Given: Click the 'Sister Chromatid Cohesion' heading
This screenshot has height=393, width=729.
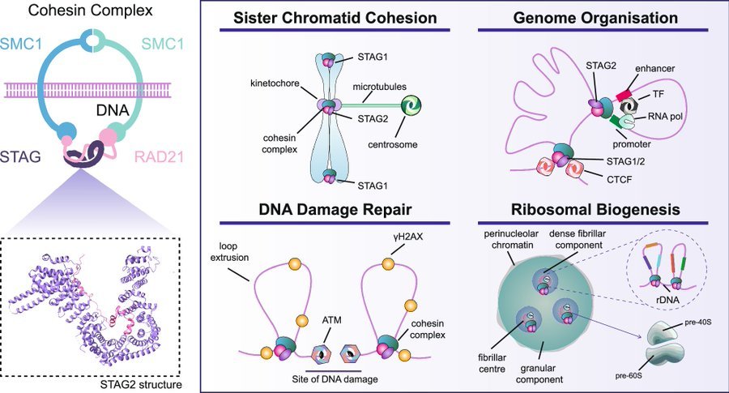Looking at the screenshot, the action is point(335,18).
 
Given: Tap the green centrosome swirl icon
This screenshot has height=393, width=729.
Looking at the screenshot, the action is point(411,105).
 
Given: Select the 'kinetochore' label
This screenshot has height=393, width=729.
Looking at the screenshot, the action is point(275,83).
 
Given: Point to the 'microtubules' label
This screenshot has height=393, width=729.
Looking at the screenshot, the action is point(379,87).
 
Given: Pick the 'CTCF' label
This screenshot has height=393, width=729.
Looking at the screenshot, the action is point(619,179).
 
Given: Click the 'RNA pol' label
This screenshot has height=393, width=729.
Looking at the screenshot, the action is point(665,116).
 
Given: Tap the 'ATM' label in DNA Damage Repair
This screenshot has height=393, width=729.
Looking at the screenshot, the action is point(331,320).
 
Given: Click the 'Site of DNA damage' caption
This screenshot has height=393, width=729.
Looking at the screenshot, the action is point(335,379).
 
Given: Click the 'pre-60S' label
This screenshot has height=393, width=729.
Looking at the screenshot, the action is point(628,375).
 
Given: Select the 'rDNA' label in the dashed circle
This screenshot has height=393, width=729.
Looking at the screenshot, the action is point(667,300).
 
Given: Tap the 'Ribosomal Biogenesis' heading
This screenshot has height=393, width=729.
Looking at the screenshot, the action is point(595,209).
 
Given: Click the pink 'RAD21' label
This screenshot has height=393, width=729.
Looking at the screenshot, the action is point(159,156).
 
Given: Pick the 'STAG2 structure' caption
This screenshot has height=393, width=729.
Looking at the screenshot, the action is point(141,385).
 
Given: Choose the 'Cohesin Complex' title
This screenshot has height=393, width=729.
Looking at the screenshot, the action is point(90,11).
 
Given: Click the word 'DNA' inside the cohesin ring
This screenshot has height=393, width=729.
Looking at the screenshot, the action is point(112,110).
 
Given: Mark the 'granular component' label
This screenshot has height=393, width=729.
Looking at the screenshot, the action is point(539,374).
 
